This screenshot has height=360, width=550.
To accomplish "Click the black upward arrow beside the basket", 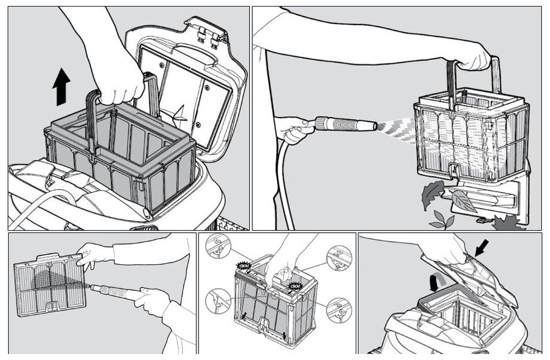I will pyautogui.click(x=60, y=87).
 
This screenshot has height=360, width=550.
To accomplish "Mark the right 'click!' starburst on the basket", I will pyautogui.click(x=294, y=286).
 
